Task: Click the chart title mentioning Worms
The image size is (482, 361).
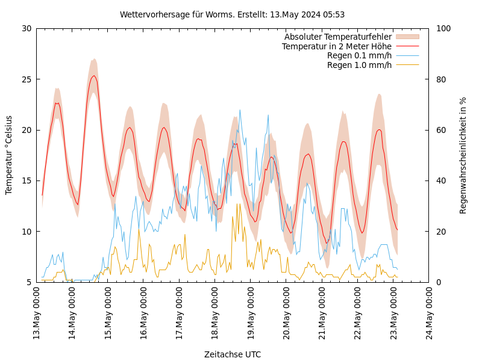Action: point(232,14)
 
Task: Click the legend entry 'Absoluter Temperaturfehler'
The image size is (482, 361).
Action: point(337,37)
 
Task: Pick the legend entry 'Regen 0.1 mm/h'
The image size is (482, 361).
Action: point(359,56)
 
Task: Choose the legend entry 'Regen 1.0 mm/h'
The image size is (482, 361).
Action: point(359,65)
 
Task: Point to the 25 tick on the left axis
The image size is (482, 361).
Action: point(27,79)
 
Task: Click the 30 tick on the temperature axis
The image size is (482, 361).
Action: point(27,28)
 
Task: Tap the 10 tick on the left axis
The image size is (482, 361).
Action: point(27,232)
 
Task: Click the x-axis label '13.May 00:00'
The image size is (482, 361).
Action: point(36,313)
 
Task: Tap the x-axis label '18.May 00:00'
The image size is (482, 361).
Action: point(215,313)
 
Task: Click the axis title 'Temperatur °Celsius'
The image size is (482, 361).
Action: point(9,155)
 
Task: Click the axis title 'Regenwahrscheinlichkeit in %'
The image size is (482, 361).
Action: point(463,155)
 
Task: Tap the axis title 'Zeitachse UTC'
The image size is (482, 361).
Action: point(232,354)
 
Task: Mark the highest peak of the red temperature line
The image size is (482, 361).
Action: point(93,76)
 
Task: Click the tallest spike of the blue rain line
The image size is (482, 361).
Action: point(240,110)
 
